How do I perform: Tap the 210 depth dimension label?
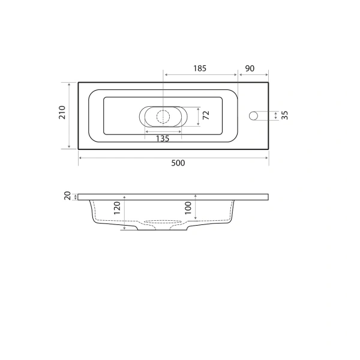click(x=62, y=114)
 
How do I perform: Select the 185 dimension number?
click(x=199, y=68)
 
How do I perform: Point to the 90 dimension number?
click(x=251, y=68)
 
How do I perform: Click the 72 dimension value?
click(x=206, y=116)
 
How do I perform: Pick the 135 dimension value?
click(x=162, y=139)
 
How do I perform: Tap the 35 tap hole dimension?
click(x=285, y=115)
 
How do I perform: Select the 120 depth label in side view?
click(x=118, y=208)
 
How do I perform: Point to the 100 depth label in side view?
click(x=188, y=208)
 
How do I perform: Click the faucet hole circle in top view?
click(x=254, y=115)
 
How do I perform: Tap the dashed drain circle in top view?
click(x=163, y=116)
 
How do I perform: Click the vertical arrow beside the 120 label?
click(x=124, y=212)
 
